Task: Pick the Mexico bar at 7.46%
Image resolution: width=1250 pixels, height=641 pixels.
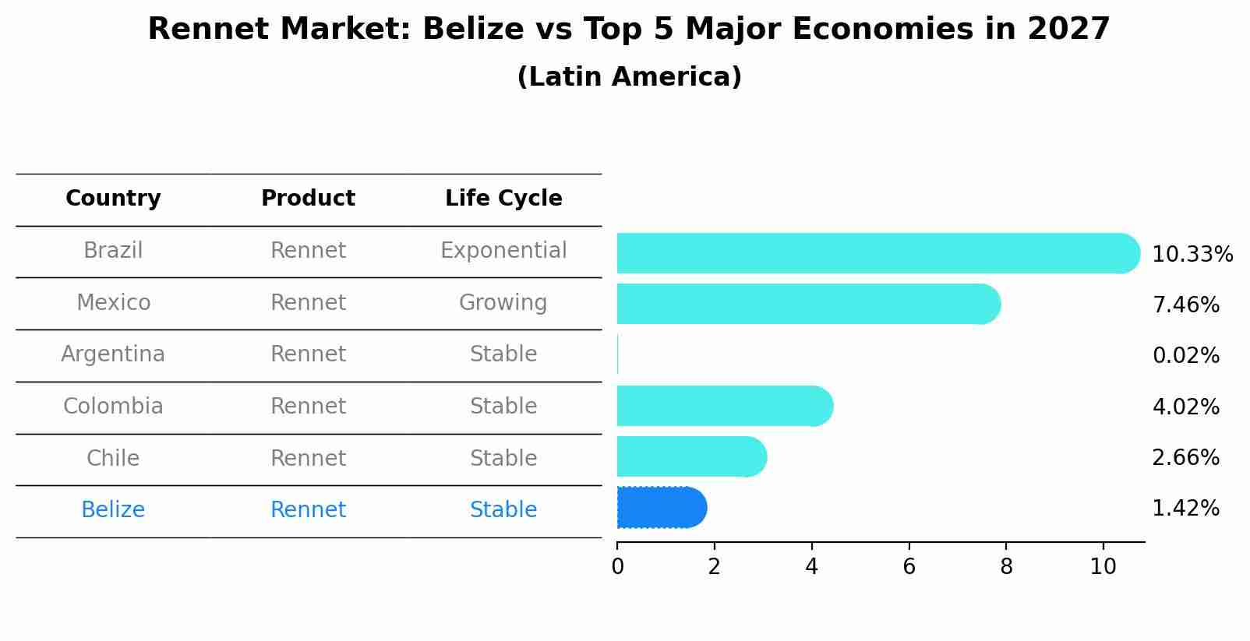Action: point(807,304)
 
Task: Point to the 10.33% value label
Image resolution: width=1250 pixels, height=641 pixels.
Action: point(1192,255)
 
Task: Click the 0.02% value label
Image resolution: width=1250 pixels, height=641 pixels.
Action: point(1185,356)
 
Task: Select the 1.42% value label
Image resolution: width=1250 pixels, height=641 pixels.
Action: point(1185,509)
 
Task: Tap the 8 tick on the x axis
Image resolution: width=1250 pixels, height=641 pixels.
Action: point(1006,567)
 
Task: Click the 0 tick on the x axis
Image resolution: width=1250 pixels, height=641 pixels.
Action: point(617,567)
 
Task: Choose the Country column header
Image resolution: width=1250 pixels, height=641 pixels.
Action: point(113,199)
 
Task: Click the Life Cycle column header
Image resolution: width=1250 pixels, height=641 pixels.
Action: point(503,199)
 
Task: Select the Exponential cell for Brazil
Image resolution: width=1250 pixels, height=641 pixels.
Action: point(503,251)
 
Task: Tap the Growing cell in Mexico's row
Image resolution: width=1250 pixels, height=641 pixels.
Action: point(503,303)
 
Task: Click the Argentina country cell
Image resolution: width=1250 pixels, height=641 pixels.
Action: point(113,354)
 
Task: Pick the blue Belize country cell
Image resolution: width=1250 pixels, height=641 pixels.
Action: point(113,510)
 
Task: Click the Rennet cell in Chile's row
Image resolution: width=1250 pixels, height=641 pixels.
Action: point(308,459)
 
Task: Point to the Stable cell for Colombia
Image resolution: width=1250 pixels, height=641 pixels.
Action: point(503,407)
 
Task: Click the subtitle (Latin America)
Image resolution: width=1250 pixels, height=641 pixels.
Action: point(629,77)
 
